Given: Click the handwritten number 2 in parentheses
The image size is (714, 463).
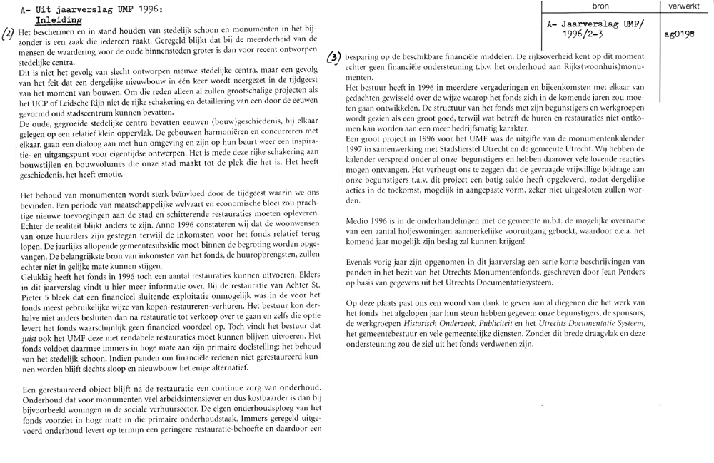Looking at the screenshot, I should tap(8, 34).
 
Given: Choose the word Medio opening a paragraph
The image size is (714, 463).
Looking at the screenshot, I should tap(358, 220).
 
